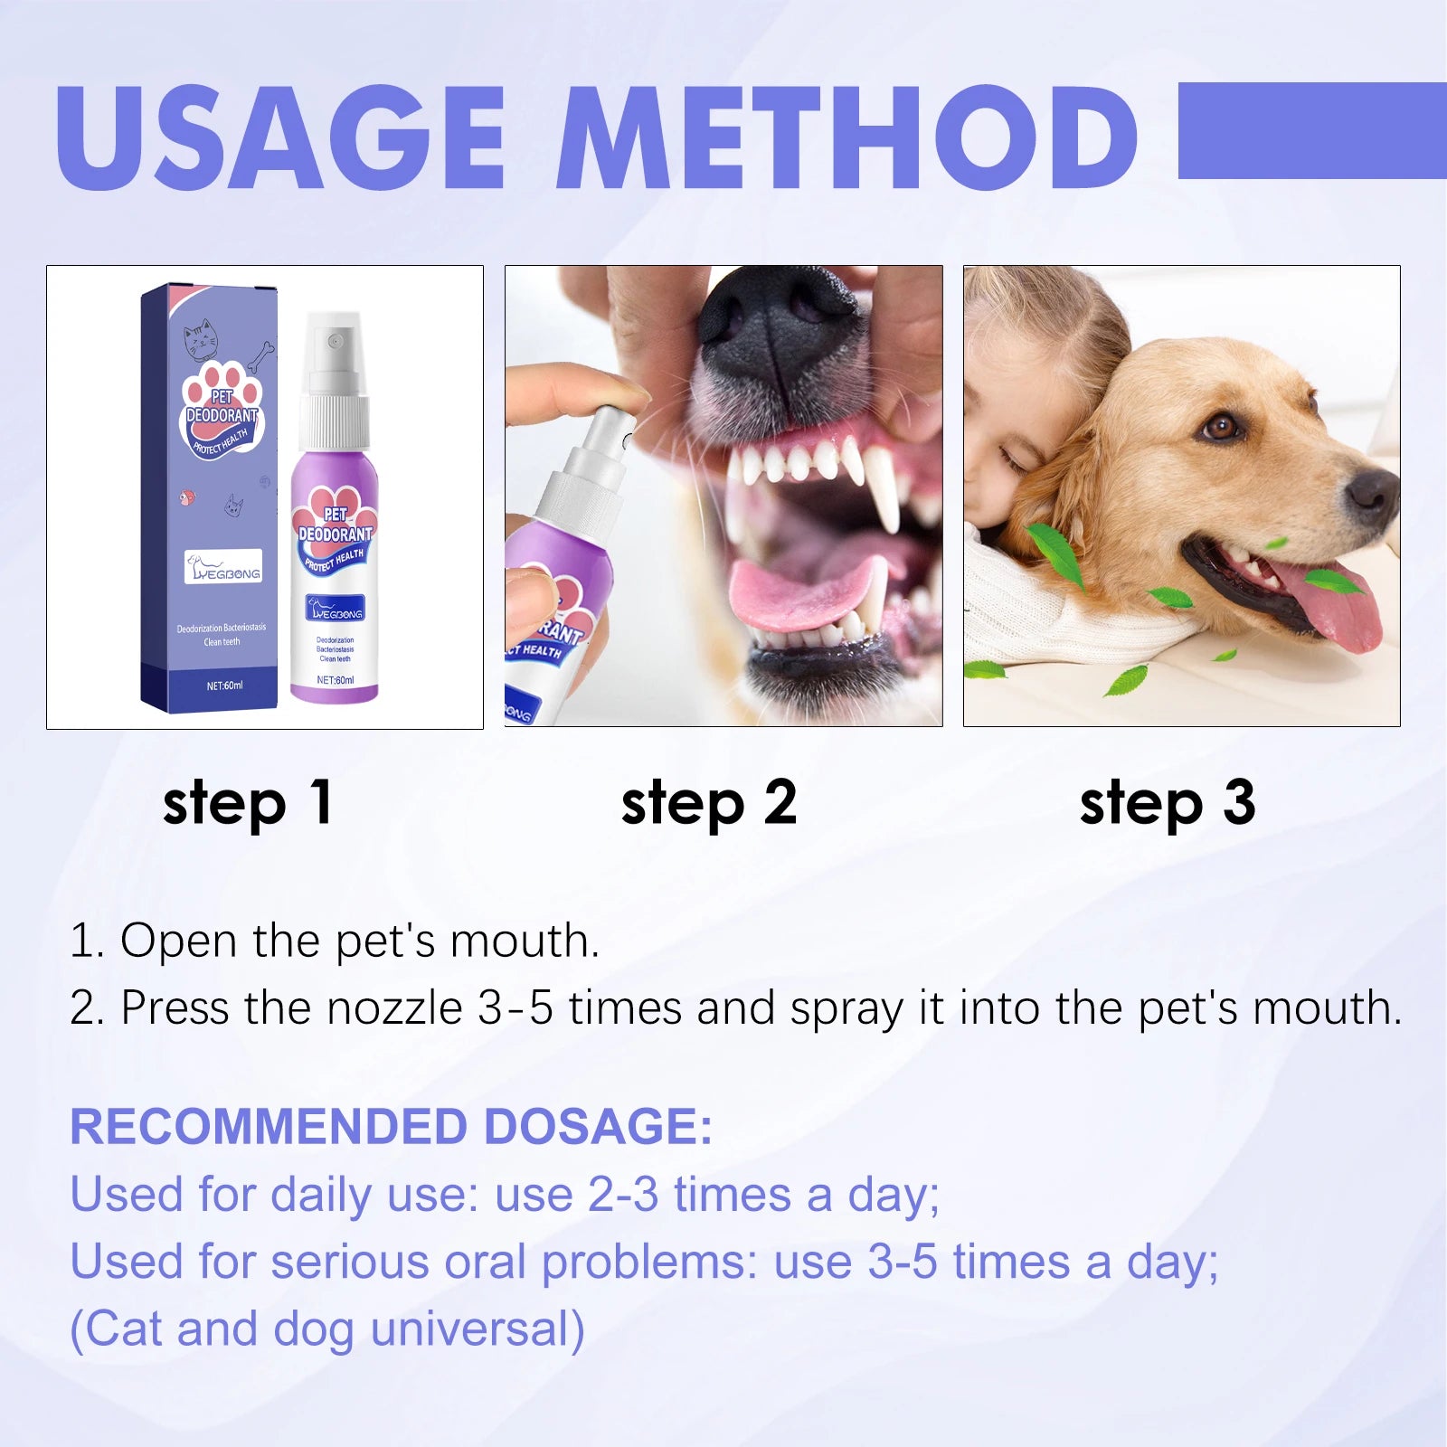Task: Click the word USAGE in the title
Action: pos(280,137)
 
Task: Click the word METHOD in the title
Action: pos(846,137)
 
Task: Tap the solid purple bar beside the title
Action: pos(1311,130)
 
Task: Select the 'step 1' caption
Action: pos(248,803)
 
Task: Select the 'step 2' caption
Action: pos(708,803)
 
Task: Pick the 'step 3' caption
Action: pos(1167,803)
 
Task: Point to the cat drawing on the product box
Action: pos(201,340)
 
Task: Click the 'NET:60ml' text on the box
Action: pos(224,686)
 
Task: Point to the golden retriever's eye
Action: pos(1222,425)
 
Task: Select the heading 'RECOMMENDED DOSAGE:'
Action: pos(391,1127)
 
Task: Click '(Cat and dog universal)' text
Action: pos(327,1329)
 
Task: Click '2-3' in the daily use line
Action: pos(623,1194)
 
